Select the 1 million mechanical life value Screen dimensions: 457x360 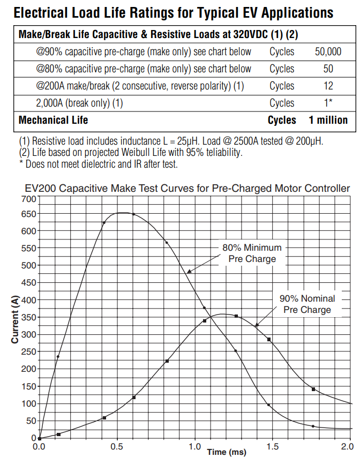328,120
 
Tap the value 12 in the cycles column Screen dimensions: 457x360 328,86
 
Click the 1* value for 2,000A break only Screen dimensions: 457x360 328,103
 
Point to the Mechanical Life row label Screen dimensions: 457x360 53,120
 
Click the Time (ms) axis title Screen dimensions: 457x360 227,453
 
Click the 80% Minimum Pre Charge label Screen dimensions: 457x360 252,253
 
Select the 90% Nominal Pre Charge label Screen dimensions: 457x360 307,304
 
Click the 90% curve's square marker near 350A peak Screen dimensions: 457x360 236,316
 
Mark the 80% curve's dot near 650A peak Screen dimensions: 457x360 133,214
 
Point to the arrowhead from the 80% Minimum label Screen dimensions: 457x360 187,273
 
